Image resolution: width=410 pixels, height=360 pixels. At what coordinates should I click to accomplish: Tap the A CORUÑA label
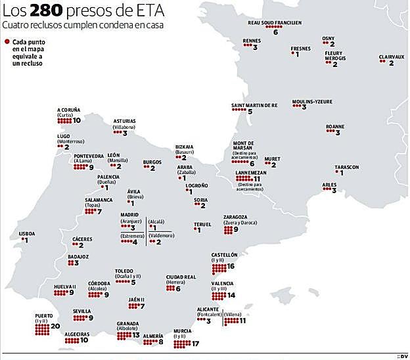tap(68, 110)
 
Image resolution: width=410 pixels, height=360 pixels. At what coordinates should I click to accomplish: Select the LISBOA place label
tap(27, 233)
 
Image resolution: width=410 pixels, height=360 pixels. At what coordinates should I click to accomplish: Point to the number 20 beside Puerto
tap(55, 326)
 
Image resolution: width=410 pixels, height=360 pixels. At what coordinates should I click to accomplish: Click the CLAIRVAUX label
tap(392, 56)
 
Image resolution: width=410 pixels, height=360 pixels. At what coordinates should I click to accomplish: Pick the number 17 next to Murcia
tap(196, 343)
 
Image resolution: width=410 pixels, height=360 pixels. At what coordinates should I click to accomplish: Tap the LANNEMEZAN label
tap(249, 172)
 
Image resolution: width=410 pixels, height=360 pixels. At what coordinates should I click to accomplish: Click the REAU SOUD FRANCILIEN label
tap(275, 22)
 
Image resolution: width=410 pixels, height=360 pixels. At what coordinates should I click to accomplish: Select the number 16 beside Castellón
tap(231, 267)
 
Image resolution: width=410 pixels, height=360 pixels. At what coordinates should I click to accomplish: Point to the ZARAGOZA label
tap(235, 217)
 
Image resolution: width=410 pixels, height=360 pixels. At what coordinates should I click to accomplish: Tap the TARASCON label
tap(347, 167)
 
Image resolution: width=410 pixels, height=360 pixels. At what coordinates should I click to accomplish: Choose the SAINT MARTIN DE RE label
tap(254, 105)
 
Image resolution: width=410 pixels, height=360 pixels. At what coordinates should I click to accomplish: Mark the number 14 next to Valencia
tap(231, 296)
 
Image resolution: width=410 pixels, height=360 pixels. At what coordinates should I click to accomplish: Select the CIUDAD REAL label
tap(181, 277)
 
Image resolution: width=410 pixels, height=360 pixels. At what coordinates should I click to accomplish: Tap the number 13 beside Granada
tap(136, 335)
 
